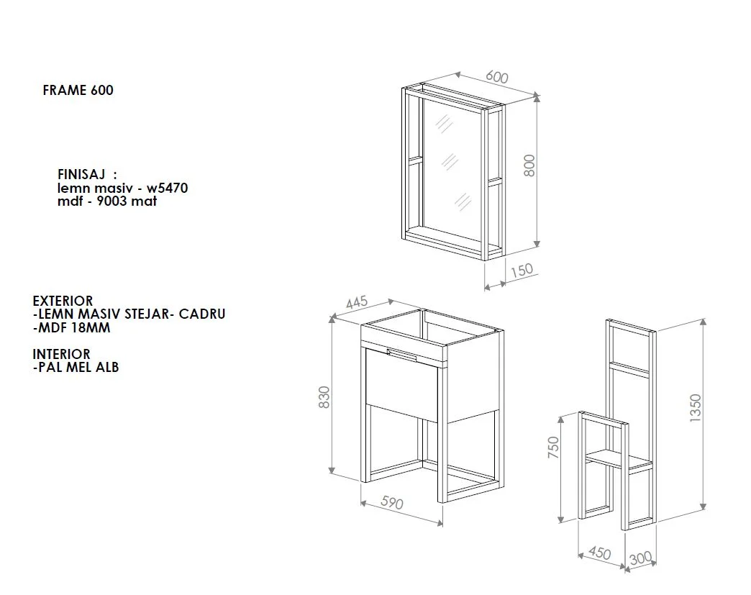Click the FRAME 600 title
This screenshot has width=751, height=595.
[78, 90]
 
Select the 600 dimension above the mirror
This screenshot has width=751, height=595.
[496, 77]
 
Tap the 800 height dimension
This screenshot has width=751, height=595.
[529, 165]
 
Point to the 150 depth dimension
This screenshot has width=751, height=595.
[522, 271]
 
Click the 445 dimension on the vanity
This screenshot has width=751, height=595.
[357, 302]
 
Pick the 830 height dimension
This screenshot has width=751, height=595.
[324, 397]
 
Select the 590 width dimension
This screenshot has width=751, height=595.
[392, 502]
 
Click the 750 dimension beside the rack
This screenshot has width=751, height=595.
[553, 447]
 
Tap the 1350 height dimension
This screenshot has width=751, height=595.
[695, 408]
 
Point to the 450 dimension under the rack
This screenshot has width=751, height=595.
[600, 553]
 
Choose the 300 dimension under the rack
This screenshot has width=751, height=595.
[640, 558]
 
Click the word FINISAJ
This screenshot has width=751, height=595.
[81, 174]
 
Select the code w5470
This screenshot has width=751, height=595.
[167, 188]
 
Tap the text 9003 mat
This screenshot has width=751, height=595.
[127, 201]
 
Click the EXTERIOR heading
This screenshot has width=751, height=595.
[63, 301]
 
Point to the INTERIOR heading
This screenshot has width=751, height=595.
[61, 354]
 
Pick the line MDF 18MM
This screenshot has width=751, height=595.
[71, 327]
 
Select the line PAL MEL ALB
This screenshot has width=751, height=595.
[76, 368]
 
